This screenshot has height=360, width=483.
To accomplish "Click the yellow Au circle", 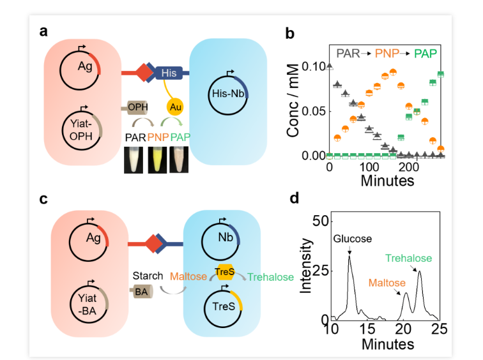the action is (x=175, y=107).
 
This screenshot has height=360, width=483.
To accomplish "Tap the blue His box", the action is (x=169, y=73).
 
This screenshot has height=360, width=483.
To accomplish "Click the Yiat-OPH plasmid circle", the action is (x=82, y=130).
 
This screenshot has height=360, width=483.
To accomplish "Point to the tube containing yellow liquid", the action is (x=157, y=160).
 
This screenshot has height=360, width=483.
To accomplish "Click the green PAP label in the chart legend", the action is (x=425, y=54).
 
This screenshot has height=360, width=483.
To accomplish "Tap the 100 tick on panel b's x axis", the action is (x=369, y=167).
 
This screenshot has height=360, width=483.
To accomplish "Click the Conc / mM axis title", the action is (x=293, y=100).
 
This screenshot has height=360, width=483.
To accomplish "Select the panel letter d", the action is (x=294, y=198).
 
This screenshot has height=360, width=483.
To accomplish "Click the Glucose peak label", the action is (x=353, y=239).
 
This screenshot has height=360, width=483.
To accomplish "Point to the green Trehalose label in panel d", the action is (x=408, y=258).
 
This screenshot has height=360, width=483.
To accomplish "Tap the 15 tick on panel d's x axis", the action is (x=367, y=329).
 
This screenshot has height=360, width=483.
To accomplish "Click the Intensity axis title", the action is (x=305, y=266).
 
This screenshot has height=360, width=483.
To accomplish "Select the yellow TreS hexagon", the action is (x=224, y=272).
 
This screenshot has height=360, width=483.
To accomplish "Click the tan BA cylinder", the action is (x=141, y=292).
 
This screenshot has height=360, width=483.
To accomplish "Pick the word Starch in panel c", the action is (x=148, y=276).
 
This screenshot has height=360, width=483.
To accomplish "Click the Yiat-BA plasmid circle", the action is (x=89, y=303).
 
